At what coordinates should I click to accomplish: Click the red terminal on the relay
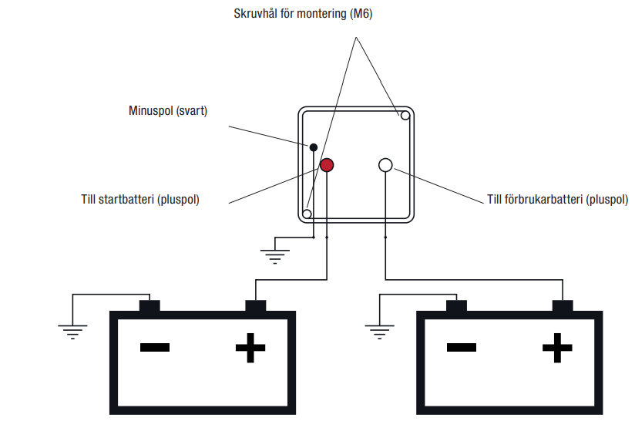[327, 164]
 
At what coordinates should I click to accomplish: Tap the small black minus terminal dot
[314, 147]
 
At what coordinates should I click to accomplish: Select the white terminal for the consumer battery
[385, 165]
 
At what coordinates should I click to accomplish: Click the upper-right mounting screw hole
[404, 116]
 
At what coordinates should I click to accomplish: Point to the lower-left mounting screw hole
[307, 214]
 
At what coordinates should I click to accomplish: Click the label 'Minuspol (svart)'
[167, 111]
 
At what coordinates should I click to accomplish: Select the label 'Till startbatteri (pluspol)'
[140, 199]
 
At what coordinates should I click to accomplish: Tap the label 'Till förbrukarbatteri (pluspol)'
[557, 199]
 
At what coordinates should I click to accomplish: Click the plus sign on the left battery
[250, 349]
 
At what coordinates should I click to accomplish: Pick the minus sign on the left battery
[154, 348]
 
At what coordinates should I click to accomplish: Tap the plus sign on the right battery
[556, 349]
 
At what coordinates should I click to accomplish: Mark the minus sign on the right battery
[460, 348]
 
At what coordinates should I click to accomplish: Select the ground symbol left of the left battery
[71, 332]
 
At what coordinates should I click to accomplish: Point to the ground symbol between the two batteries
[378, 332]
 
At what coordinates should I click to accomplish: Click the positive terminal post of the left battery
[255, 306]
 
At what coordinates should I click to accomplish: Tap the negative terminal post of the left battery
[149, 306]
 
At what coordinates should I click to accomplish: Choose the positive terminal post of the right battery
[562, 306]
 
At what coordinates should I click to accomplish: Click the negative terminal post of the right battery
[456, 306]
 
